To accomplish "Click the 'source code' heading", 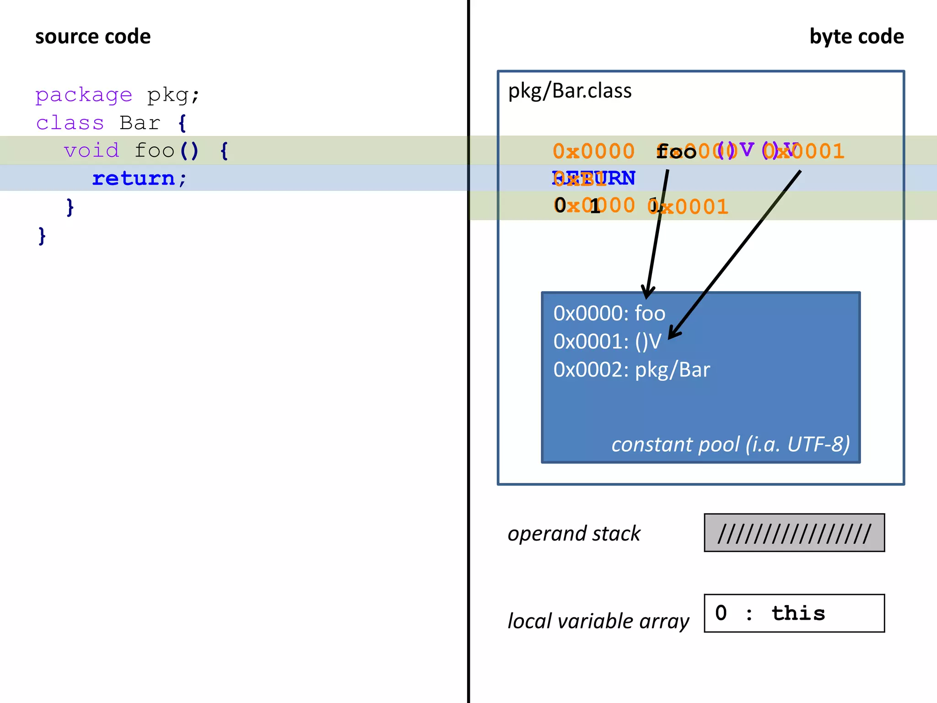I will pos(93,37).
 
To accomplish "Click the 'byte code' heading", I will pos(856,37).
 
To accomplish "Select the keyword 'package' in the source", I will pos(84,95).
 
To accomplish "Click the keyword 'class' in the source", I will pos(70,123).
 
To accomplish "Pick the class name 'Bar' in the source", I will pos(140,123).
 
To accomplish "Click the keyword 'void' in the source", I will pos(92,151).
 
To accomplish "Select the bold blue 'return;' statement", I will pos(139,178).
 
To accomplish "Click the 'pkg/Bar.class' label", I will pos(570,91).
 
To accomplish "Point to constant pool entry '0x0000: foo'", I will pos(609,314).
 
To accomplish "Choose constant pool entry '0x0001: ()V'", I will pos(607,341).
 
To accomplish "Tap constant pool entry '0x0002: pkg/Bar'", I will pos(631,369).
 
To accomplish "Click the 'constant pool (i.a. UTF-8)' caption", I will pos(730,444).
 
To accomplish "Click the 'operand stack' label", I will pos(574,534).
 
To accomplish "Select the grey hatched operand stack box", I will pos(794,533).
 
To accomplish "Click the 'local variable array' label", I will pos(598,621).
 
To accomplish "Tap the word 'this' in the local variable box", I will pos(798,613).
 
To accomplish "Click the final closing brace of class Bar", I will pos(42,236).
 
